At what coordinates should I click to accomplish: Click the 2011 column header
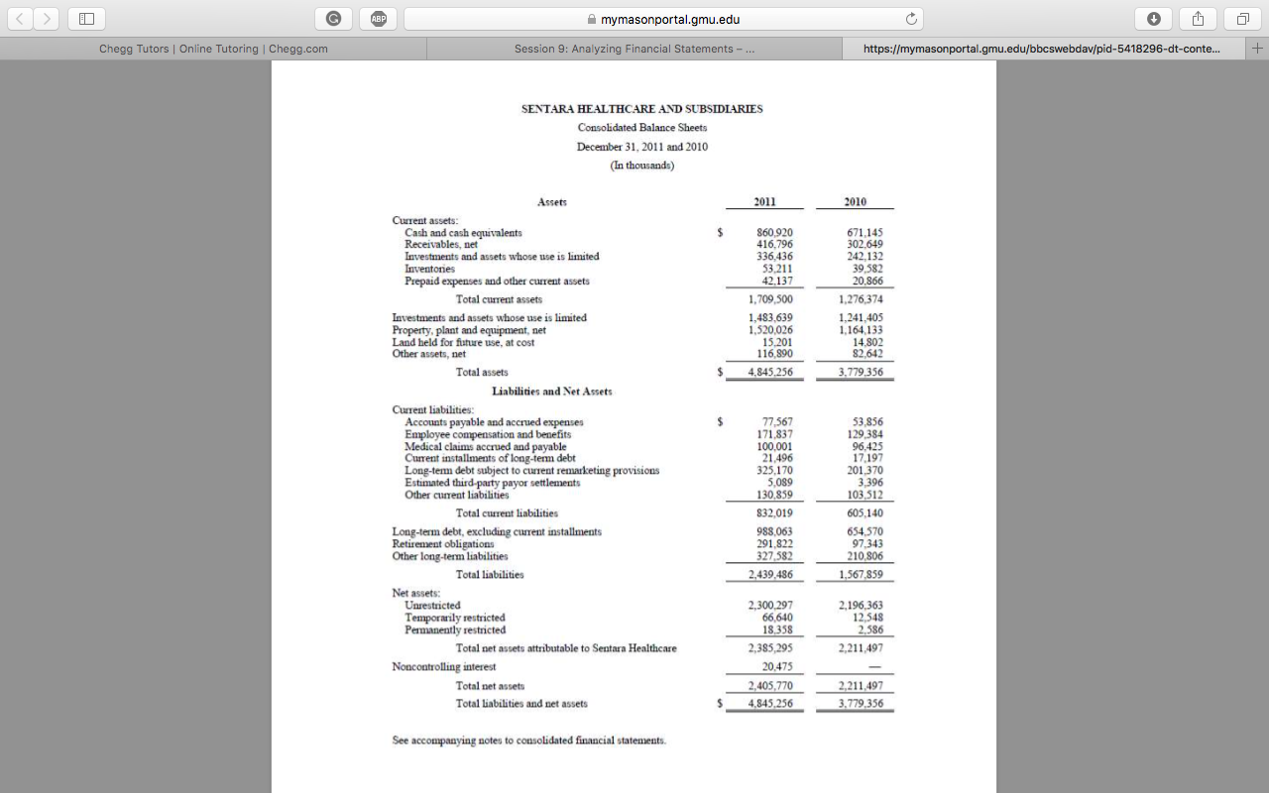click(764, 201)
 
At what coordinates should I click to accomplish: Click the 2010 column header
click(855, 201)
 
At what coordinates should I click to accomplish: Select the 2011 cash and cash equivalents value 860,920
click(773, 232)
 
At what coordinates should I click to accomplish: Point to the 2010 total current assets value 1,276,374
click(860, 298)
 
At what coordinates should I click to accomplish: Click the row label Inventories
click(429, 269)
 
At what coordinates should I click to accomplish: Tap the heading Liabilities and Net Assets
click(551, 392)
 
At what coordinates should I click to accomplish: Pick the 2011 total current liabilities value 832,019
click(773, 513)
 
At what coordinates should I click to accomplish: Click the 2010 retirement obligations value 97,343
click(865, 543)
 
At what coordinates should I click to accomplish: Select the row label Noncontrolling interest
click(443, 666)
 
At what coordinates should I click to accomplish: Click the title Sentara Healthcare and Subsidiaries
click(641, 109)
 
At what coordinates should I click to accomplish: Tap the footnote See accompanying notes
click(528, 740)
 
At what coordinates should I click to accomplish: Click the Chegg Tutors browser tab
click(213, 49)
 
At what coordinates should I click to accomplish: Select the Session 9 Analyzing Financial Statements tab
click(634, 49)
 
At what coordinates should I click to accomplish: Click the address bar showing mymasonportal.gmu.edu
click(662, 19)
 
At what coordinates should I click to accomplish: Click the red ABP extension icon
click(378, 19)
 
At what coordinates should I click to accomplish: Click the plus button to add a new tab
click(1257, 49)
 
